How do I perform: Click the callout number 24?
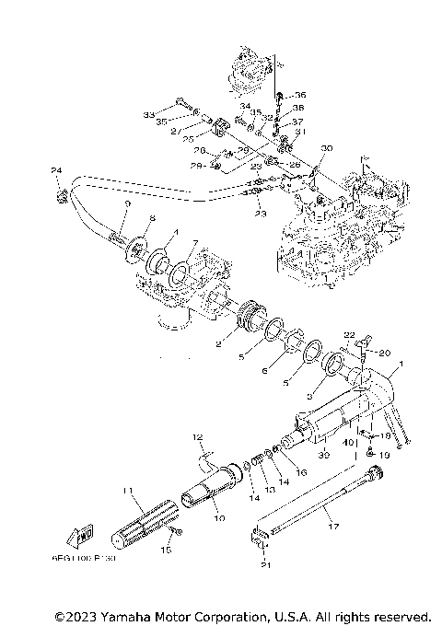(x=55, y=171)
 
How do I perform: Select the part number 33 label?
(x=148, y=114)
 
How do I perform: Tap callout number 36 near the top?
(x=300, y=95)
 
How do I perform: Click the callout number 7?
(x=194, y=243)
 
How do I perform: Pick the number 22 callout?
(x=349, y=334)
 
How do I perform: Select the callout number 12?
(x=196, y=435)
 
